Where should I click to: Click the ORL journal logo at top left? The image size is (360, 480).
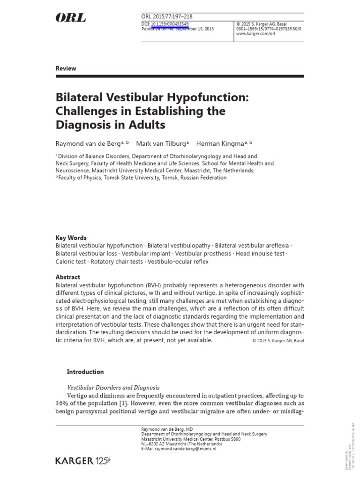pyautogui.click(x=71, y=18)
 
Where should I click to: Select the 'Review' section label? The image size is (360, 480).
pyautogui.click(x=66, y=68)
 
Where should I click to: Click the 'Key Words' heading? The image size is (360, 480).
pyautogui.click(x=71, y=238)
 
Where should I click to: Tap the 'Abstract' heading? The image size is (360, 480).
pyautogui.click(x=67, y=277)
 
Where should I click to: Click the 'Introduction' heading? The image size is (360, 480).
pyautogui.click(x=85, y=372)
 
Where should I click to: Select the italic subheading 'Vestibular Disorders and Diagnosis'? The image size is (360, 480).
pyautogui.click(x=113, y=388)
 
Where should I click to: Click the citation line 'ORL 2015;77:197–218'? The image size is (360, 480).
pyautogui.click(x=166, y=17)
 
